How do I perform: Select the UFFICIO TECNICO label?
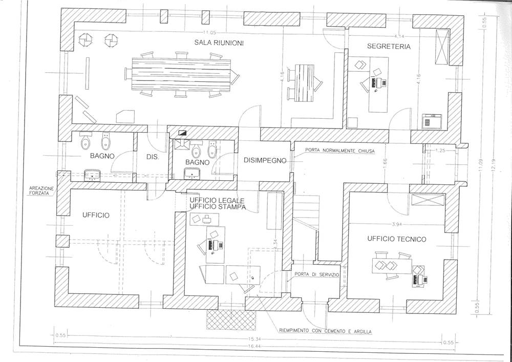coord(396,239)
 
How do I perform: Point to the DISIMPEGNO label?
coord(264,160)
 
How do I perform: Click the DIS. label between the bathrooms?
coord(153,158)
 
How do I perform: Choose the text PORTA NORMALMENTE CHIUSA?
coord(340,151)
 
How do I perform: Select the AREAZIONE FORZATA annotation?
coord(41,190)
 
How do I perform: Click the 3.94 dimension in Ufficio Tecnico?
coord(397,224)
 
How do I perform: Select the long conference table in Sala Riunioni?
coord(182,74)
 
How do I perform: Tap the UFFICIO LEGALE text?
coord(217,199)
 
